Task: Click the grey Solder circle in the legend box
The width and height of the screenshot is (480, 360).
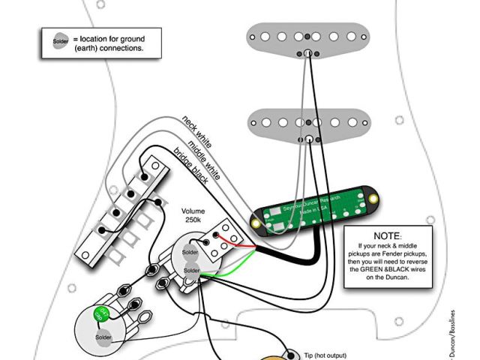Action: pos(60,42)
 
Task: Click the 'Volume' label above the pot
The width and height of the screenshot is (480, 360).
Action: pos(193,211)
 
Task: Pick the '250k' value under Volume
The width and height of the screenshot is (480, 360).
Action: pos(193,221)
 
